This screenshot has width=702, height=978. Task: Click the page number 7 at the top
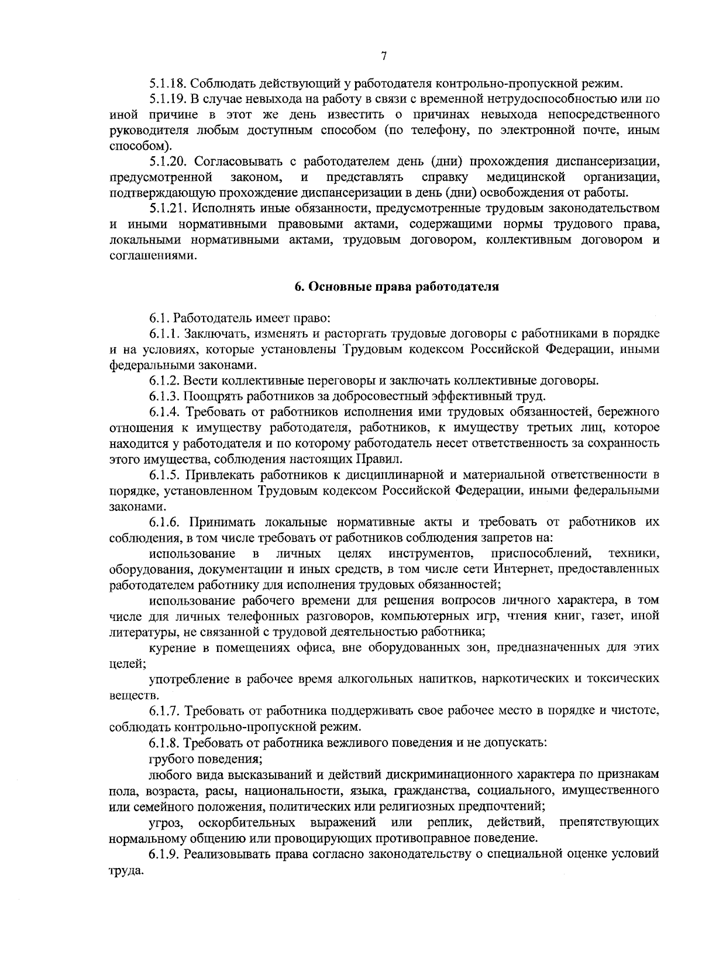point(384,57)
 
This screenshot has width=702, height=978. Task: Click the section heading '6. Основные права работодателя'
point(396,287)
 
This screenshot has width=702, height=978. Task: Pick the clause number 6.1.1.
point(164,334)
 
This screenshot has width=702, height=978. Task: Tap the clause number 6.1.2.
point(164,381)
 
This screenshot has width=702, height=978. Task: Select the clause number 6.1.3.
point(164,396)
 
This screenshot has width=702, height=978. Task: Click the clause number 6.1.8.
point(164,743)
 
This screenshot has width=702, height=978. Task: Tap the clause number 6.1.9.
point(164,854)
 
